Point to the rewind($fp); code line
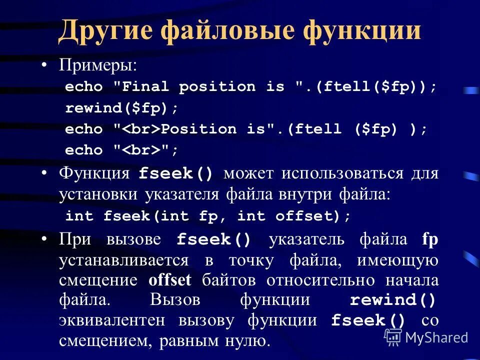pos(121,108)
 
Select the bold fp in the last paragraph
pos(430,239)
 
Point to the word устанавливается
pos(123,260)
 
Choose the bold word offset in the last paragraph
pos(170,280)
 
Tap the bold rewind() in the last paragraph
pos(393,300)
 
